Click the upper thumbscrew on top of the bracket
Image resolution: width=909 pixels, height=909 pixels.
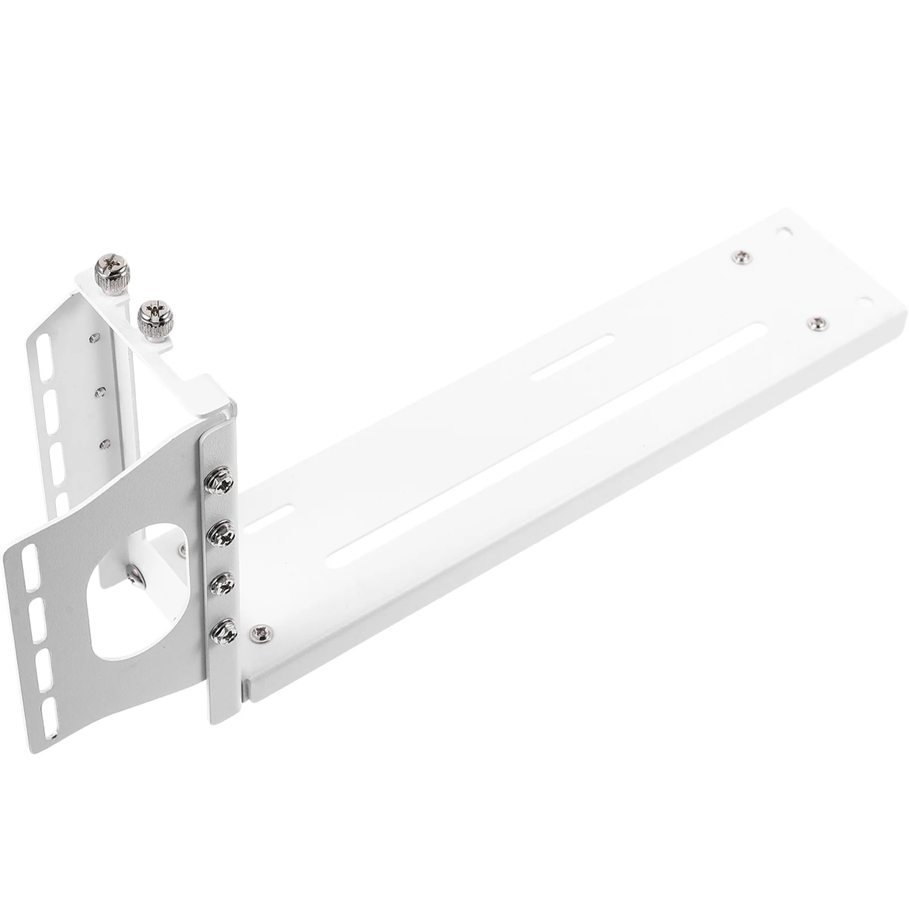112,275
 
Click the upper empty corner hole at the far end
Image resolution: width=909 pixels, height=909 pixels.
785,232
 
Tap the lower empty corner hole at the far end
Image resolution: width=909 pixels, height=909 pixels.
865,299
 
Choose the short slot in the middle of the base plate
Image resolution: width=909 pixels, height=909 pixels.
573,357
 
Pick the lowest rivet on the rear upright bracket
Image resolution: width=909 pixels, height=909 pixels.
103,444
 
